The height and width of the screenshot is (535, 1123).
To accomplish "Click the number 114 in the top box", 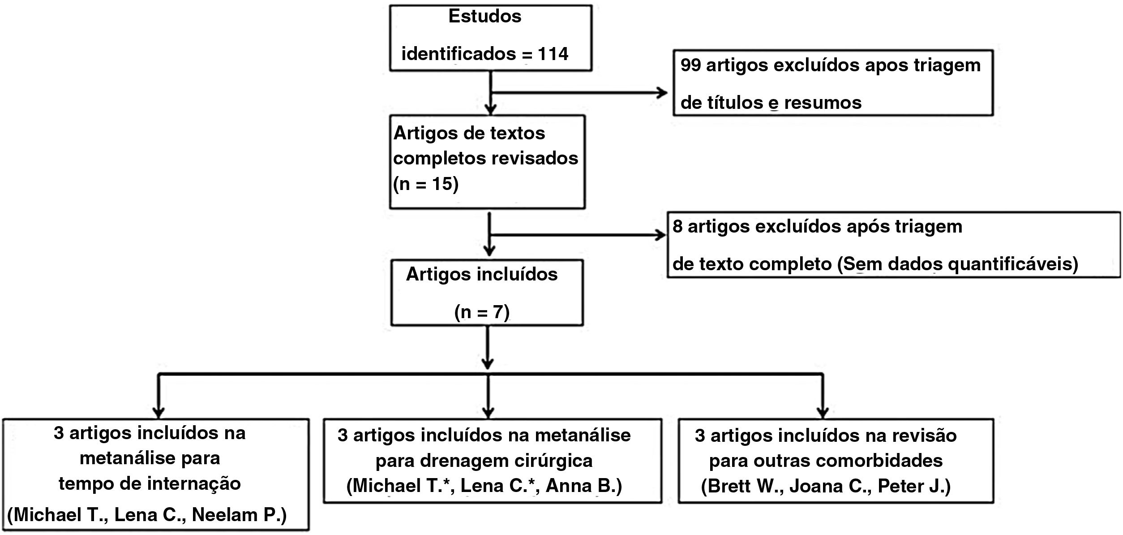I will [553, 54].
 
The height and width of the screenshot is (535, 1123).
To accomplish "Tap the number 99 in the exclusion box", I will [690, 65].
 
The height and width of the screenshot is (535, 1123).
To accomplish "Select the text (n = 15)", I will [425, 184].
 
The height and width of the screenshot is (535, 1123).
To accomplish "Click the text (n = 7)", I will [482, 312].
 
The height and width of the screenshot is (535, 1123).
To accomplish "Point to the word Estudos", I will [485, 17].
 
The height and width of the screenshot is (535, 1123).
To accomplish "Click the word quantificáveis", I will [1013, 264].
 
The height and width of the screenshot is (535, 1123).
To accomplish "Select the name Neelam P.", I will [239, 515].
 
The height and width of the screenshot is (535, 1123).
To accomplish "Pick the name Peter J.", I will [913, 487].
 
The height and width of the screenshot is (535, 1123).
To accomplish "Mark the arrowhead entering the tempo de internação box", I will [158, 412].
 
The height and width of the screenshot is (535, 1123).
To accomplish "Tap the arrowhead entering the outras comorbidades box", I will [823, 412].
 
